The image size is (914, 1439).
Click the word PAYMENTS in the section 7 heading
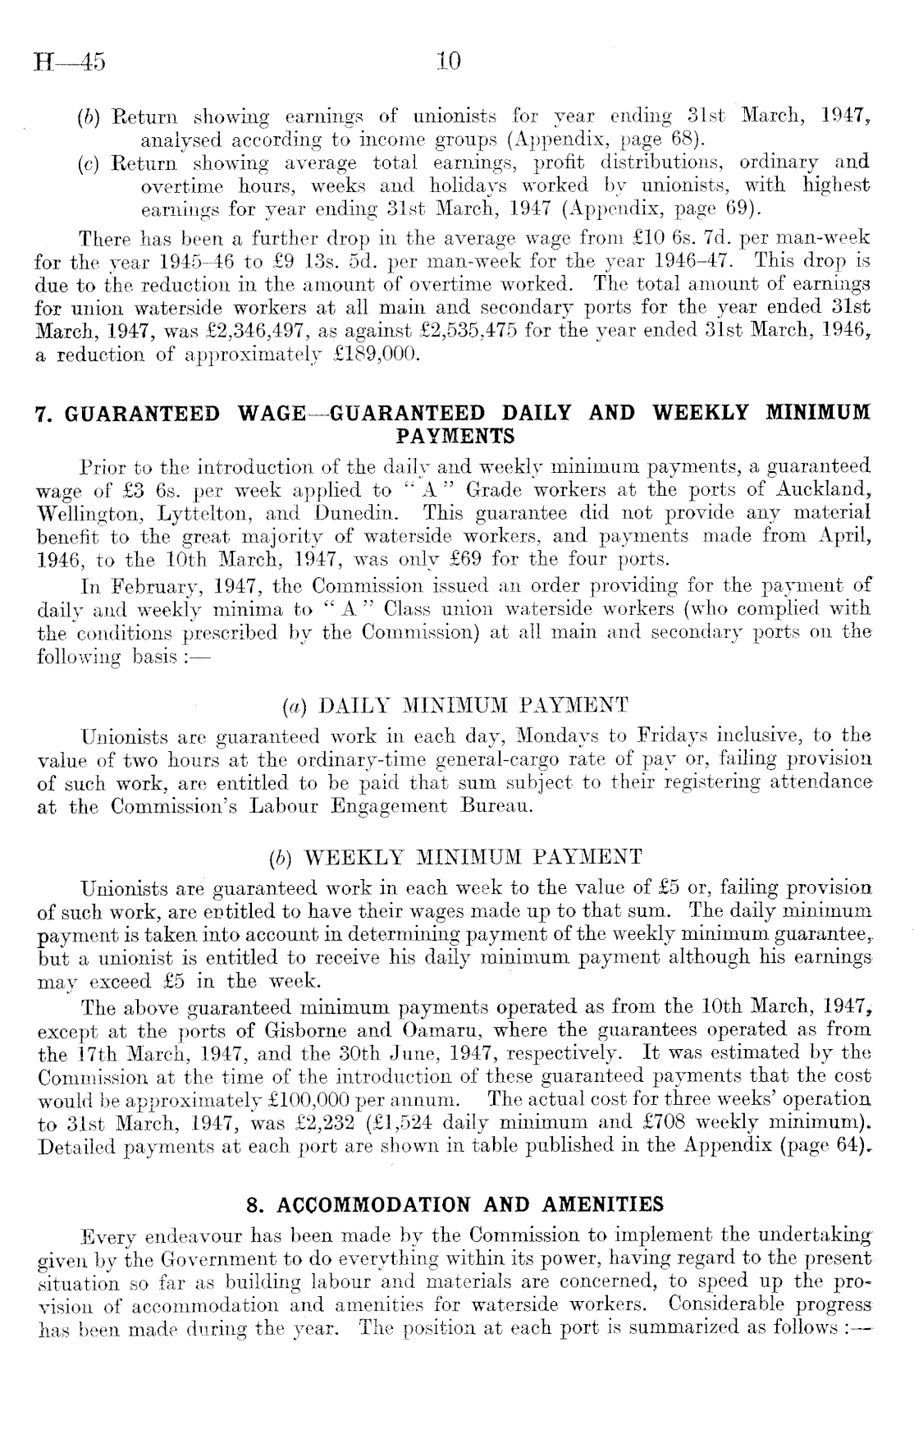click(455, 433)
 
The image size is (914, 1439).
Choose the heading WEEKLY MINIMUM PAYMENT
click(472, 859)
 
